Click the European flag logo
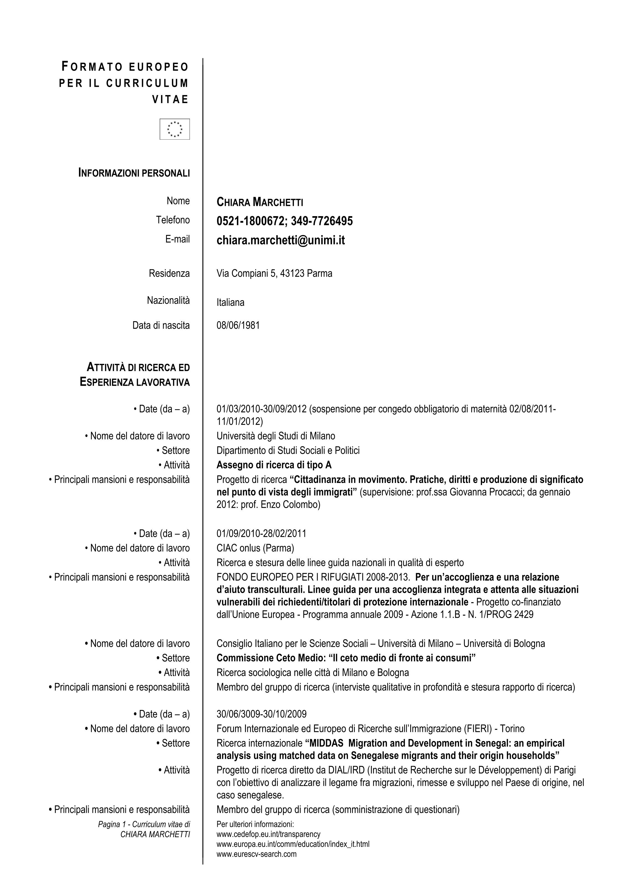[174, 129]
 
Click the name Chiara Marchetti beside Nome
[260, 202]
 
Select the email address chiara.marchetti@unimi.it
[280, 240]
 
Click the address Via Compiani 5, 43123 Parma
[274, 273]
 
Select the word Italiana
[231, 303]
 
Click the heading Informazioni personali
[134, 173]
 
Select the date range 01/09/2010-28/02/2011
[261, 533]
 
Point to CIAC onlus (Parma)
[255, 548]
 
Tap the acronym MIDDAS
[326, 743]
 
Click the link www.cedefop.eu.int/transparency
[268, 834]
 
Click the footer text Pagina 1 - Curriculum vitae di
[144, 824]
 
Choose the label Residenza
[169, 273]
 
